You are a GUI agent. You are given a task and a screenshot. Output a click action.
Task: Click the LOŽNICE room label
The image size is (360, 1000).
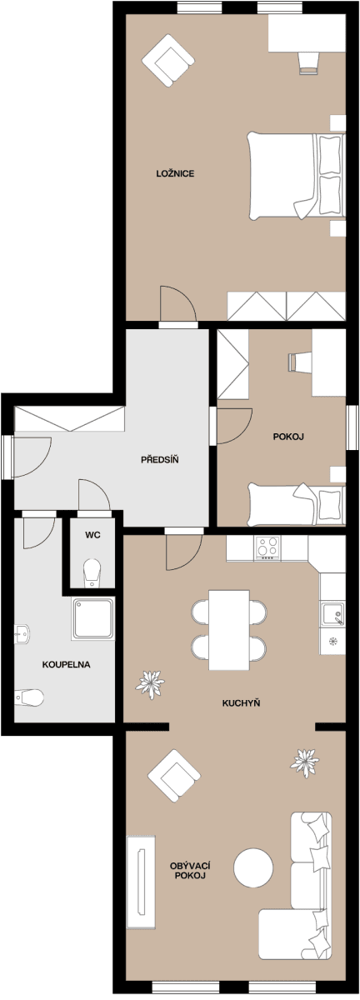175,173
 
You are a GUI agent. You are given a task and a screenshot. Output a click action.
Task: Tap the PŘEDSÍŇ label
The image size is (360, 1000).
160,459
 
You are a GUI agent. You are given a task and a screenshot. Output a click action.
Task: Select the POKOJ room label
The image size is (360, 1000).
287,437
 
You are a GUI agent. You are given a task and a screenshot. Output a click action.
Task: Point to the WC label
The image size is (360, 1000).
92,535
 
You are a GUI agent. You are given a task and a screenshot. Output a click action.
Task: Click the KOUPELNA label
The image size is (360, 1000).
66,665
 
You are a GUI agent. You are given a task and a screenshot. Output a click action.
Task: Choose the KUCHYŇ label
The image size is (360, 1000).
242,703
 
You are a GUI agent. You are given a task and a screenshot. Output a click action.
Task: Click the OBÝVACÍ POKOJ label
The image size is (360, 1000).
188,872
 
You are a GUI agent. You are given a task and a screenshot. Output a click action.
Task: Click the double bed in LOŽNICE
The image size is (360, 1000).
296,176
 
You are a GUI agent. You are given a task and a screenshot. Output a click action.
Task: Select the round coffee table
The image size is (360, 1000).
254,869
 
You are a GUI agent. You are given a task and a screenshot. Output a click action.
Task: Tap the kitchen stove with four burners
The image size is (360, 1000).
267,547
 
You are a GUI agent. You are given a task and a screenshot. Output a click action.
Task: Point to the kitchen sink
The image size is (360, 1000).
333,615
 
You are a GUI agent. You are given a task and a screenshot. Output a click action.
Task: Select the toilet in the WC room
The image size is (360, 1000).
92,572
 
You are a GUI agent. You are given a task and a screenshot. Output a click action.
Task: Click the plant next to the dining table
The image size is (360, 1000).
152,684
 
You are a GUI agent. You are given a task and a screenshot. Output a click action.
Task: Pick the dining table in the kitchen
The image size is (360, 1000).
229,629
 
